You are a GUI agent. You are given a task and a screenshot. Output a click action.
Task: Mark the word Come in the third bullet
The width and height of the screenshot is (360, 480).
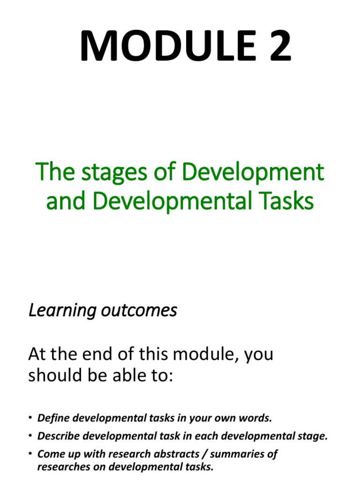pos(48,454)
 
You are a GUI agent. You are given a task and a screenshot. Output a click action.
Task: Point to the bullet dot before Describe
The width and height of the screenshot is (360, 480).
pos(30,436)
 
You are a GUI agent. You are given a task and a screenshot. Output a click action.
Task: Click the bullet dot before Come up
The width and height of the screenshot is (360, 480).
pos(30,454)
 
